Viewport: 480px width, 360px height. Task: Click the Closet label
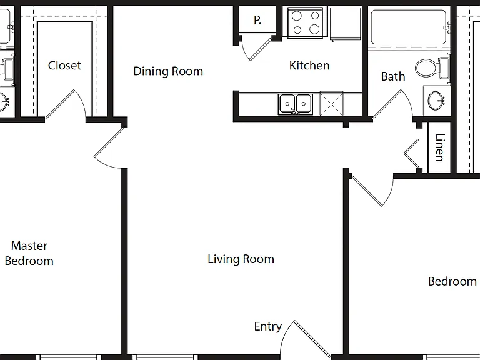(64, 65)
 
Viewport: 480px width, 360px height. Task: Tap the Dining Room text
(168, 71)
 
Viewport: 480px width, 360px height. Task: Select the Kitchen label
(309, 65)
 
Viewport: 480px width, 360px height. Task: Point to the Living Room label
(241, 259)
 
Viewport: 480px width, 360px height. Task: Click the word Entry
(268, 327)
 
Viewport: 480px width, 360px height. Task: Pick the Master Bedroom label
(29, 254)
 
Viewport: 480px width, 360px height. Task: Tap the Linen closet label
(439, 147)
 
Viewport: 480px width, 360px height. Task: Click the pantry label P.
(257, 20)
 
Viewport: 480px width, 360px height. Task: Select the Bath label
(393, 76)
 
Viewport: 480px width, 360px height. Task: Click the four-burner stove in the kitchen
(305, 22)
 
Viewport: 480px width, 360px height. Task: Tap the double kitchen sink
(296, 104)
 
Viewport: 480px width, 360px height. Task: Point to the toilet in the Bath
(432, 68)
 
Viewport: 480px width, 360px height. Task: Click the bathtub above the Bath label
(409, 27)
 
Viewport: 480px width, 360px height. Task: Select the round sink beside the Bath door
(436, 101)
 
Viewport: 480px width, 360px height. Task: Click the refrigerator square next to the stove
(346, 24)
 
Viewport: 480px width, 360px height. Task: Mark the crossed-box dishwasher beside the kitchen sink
(331, 104)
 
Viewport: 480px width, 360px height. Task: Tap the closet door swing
(66, 104)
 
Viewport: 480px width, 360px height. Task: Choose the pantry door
(256, 49)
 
